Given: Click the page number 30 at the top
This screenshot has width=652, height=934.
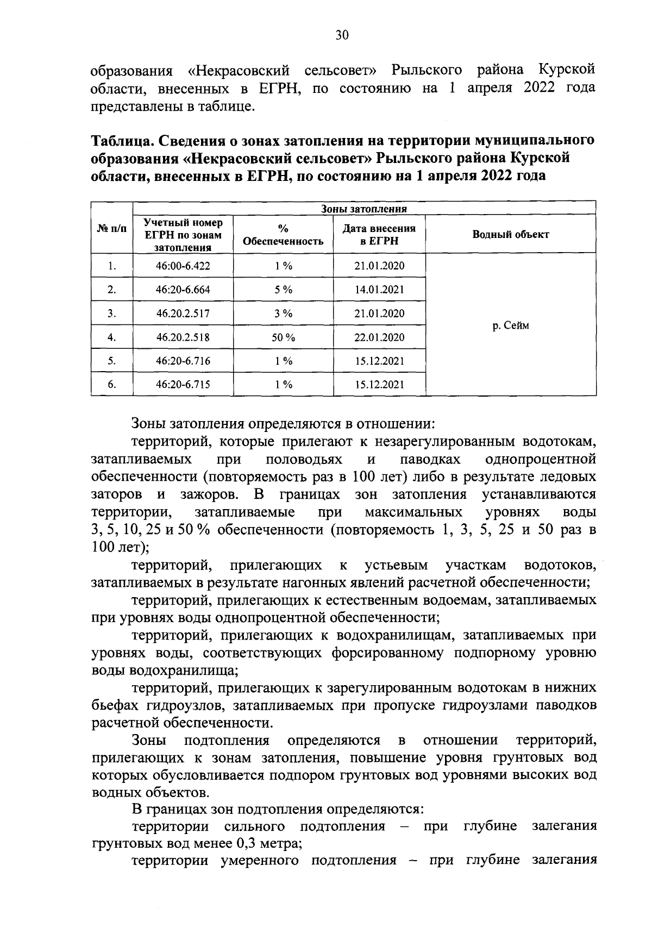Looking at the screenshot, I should pos(342,36).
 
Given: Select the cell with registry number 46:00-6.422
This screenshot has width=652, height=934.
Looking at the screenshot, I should pos(183,266).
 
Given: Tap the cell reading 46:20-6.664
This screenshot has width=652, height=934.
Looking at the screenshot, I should pos(183,290).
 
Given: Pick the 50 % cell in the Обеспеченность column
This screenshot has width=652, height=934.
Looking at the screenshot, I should pos(283,337).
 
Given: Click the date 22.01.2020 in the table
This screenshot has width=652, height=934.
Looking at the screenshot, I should pos(379,337).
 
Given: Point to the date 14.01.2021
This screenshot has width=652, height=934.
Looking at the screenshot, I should pos(379,290).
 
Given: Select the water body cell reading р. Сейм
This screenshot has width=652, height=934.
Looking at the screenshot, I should pos(510,325).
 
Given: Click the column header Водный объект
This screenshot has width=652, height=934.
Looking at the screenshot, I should pos(510,234).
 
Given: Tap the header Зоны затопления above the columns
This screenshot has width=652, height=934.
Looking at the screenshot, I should pos(364,209).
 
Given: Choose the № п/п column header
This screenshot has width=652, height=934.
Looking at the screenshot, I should pos(112,229).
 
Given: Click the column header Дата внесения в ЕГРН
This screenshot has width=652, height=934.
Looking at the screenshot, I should pos(379,234).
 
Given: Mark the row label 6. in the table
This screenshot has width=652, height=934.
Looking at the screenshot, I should pos(112,385).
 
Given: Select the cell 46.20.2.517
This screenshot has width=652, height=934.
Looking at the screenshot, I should pos(183,314).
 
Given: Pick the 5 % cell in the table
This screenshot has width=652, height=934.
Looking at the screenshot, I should pos(283,290).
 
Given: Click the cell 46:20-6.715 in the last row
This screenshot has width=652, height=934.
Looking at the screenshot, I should pos(183,385).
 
